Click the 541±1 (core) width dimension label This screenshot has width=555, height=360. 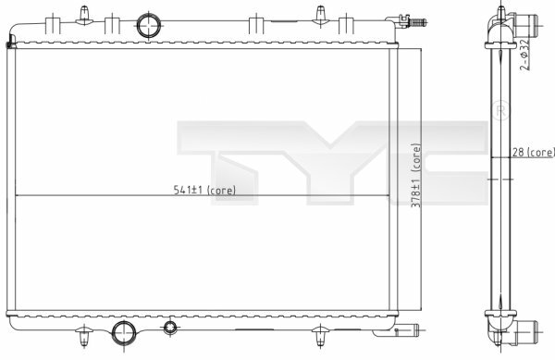204,190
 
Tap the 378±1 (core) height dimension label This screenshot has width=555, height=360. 416,175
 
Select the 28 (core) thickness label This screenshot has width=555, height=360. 533,152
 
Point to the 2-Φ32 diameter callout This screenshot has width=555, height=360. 524,55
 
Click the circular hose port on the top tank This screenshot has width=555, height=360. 149,25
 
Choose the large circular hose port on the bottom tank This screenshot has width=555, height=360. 124,333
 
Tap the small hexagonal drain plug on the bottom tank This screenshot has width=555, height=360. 170,329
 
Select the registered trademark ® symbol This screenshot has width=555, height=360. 501,110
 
